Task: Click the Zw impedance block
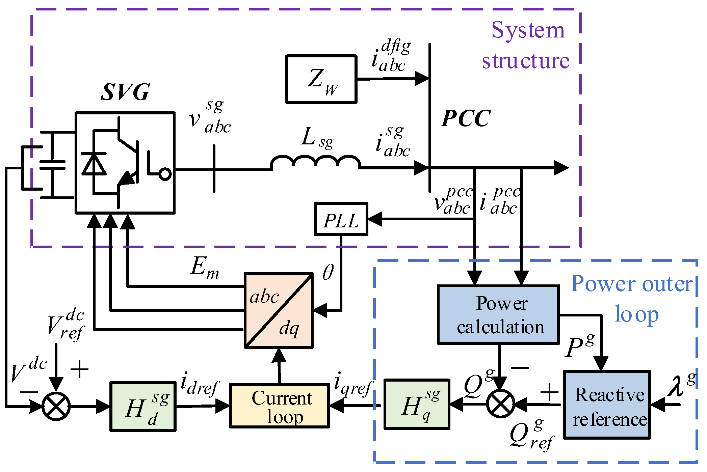(321, 79)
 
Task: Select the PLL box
(341, 219)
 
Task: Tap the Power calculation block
(498, 315)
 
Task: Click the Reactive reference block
(607, 405)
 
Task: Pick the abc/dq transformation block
(279, 310)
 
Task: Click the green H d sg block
(143, 407)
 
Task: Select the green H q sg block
(417, 404)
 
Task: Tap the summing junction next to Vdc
(56, 406)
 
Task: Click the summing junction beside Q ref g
(500, 404)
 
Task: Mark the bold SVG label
(125, 92)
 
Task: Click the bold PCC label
(466, 118)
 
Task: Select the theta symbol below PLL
(328, 272)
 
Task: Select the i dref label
(200, 384)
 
